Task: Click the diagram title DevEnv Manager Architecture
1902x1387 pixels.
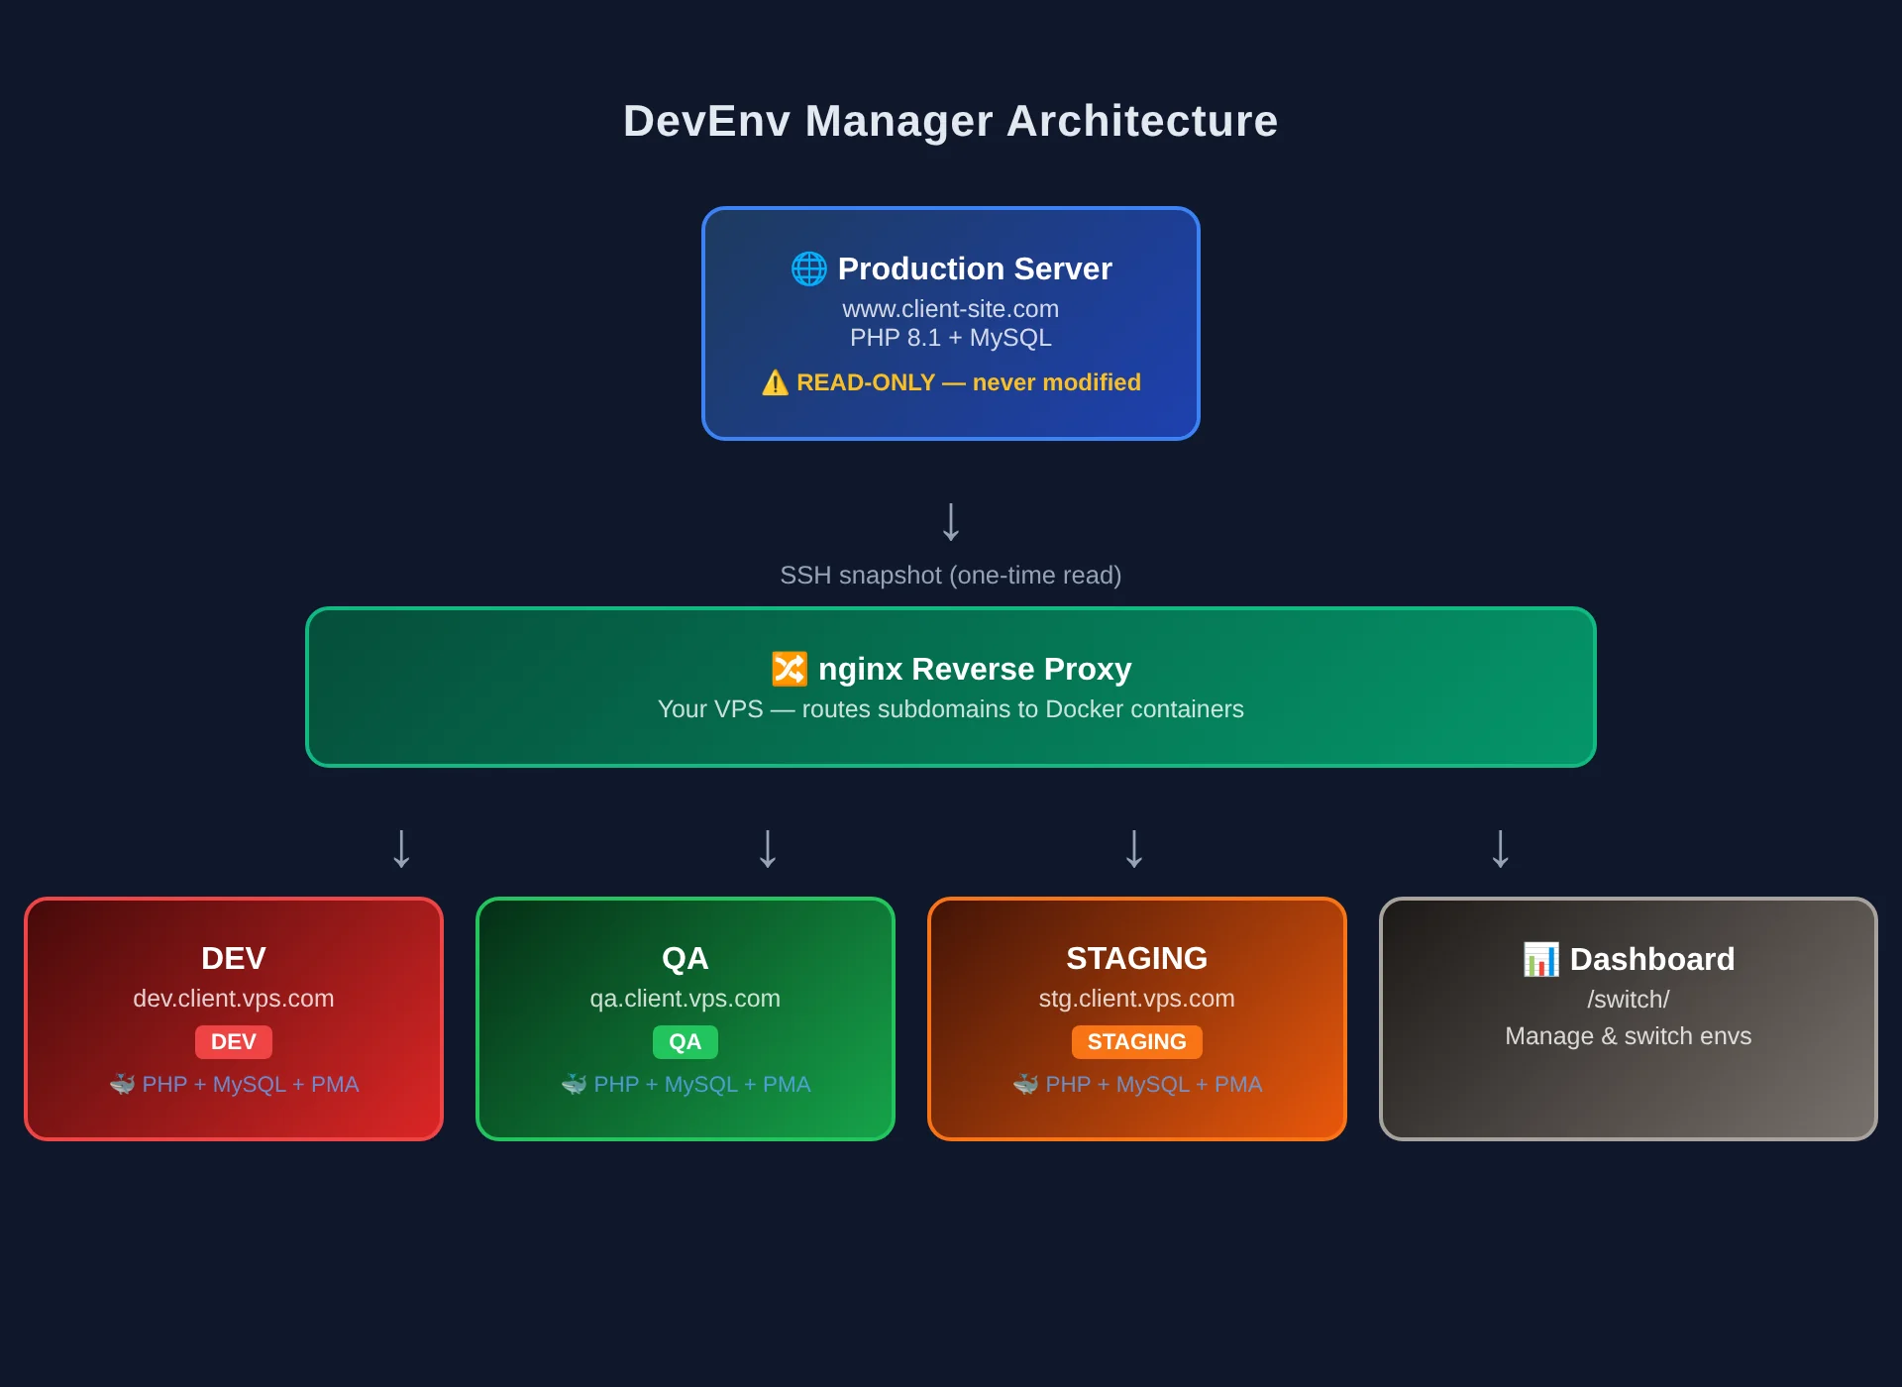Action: coord(950,121)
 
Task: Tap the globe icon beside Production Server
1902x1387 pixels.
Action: coord(808,268)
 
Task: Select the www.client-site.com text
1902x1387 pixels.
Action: coord(950,309)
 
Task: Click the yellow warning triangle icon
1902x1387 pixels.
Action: coord(775,382)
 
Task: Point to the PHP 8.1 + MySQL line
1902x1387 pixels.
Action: coord(950,338)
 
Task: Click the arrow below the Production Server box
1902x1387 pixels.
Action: coord(950,522)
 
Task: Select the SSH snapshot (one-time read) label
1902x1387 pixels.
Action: coord(950,576)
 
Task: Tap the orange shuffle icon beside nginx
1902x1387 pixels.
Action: coord(789,669)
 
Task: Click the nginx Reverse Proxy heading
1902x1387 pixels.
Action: coord(974,669)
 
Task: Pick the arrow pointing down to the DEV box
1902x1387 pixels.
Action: coord(401,849)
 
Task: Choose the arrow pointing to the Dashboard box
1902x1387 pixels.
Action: coord(1500,849)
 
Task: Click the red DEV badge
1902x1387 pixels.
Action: coord(233,1042)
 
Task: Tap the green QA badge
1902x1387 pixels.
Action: coord(685,1042)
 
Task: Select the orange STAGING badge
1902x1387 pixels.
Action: coord(1136,1042)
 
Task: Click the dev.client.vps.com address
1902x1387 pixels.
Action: coord(233,999)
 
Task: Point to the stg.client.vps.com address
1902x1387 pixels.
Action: coord(1136,999)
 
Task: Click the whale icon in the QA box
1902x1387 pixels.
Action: coord(574,1085)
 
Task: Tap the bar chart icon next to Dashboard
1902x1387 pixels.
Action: coord(1540,959)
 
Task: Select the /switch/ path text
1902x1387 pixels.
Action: coord(1628,1000)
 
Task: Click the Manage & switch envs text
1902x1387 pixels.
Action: coord(1628,1036)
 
